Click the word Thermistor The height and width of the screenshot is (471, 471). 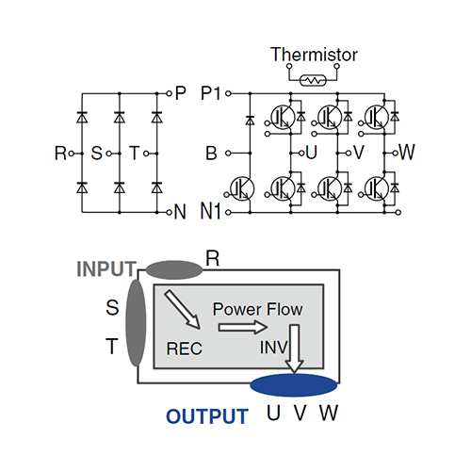(x=314, y=55)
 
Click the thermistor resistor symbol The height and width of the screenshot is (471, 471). (x=313, y=80)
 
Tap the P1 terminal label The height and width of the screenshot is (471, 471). (x=211, y=93)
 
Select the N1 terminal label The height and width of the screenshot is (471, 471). (x=211, y=211)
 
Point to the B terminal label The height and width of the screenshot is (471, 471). (x=211, y=154)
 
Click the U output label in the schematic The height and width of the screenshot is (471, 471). (x=311, y=153)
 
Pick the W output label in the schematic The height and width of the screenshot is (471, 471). (x=407, y=152)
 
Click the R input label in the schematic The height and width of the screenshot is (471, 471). (x=60, y=154)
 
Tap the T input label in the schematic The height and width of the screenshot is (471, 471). (x=135, y=154)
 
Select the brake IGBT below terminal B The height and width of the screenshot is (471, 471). (x=242, y=188)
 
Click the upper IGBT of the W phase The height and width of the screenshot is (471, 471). (x=377, y=117)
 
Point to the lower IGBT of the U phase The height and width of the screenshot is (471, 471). (x=283, y=188)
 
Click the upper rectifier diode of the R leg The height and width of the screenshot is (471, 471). (x=82, y=117)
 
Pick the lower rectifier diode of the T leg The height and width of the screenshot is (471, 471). (x=156, y=187)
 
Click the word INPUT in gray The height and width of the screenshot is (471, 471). (x=106, y=269)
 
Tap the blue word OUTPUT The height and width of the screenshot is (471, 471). (x=207, y=416)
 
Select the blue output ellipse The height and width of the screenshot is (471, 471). (x=294, y=385)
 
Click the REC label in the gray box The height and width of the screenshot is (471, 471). (x=185, y=349)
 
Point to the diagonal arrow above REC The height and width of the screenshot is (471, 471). (x=182, y=310)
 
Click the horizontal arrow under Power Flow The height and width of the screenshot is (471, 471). (x=243, y=328)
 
